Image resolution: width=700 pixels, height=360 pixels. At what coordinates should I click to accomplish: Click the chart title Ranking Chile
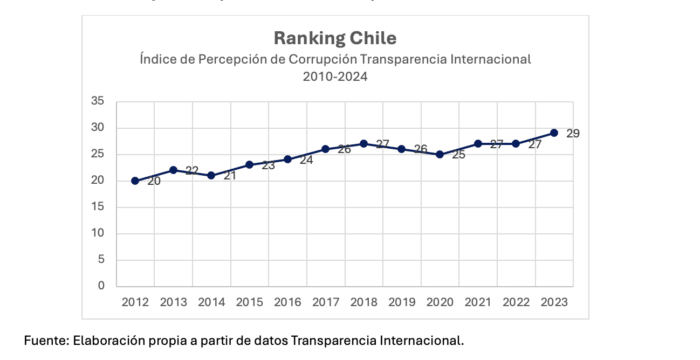[x=335, y=38]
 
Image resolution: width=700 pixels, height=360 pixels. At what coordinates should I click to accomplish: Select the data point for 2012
[x=135, y=181]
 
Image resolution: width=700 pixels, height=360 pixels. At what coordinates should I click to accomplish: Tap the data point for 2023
[x=554, y=133]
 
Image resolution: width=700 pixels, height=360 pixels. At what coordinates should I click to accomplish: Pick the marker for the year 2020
[x=440, y=154]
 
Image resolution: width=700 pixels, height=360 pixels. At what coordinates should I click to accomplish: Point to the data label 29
[x=573, y=134]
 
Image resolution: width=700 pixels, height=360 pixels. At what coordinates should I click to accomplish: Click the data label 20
[x=154, y=182]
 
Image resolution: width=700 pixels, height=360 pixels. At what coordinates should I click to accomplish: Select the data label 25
[x=458, y=155]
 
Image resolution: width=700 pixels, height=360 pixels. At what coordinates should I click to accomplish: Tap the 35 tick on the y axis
[x=98, y=101]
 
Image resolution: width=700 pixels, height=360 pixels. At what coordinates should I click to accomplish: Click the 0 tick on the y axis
[x=101, y=286]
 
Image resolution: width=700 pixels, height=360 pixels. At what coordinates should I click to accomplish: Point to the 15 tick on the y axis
[x=98, y=207]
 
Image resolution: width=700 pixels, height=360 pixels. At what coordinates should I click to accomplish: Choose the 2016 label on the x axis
[x=287, y=302]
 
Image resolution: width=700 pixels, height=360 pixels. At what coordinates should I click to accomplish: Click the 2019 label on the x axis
[x=402, y=302]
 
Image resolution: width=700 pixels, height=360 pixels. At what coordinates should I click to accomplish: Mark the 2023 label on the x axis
[x=554, y=302]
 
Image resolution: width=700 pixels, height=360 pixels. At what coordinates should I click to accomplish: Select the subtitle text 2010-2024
[x=335, y=77]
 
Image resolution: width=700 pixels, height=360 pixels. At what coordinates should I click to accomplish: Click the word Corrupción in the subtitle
[x=321, y=59]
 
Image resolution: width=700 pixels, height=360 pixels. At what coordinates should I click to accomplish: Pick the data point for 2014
[x=211, y=176]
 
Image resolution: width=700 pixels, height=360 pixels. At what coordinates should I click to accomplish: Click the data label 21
[x=230, y=176]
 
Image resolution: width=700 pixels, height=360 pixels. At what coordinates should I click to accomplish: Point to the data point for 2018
[x=363, y=144]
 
